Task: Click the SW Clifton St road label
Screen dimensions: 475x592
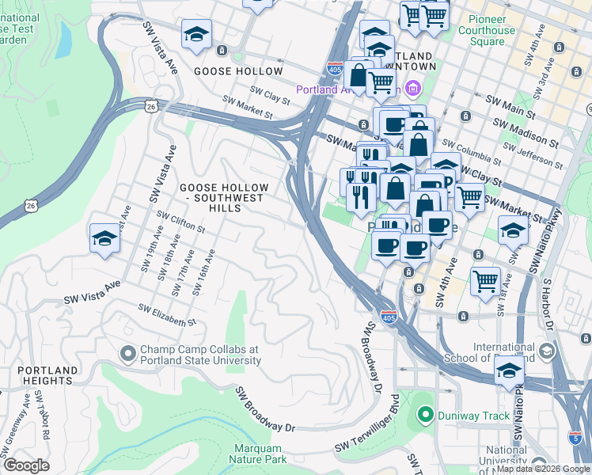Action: point(181,222)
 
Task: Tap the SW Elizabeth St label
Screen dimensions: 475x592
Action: point(166,315)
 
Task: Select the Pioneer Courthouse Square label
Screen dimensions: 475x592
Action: point(503,30)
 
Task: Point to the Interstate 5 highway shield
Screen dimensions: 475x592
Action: point(575,436)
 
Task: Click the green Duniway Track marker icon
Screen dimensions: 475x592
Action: point(425,414)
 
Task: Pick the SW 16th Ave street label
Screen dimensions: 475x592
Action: point(203,273)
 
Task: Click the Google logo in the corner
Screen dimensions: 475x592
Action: point(26,465)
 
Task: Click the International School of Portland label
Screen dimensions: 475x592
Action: point(514,352)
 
